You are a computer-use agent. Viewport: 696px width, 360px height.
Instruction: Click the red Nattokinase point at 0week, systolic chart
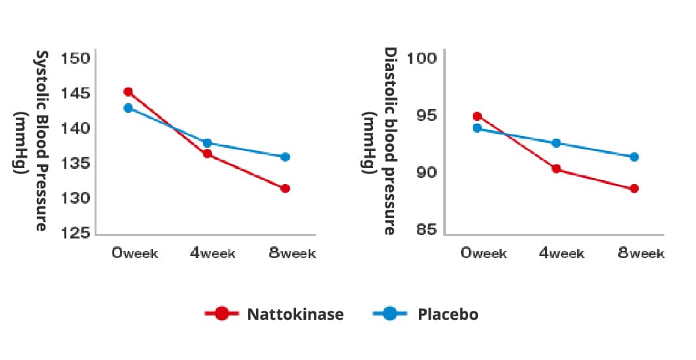coord(128,92)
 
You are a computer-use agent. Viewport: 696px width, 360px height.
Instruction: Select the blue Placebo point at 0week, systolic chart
coord(128,108)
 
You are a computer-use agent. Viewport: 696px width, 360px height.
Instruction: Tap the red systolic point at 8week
coord(285,189)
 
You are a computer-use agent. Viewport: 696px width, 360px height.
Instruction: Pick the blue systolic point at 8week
coord(285,157)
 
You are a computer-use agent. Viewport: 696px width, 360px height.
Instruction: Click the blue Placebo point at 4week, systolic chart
coord(207,143)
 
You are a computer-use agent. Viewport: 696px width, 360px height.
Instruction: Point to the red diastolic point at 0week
coord(477,116)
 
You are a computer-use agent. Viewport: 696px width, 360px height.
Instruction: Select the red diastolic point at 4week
coord(556,169)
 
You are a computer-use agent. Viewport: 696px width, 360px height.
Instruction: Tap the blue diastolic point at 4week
coord(556,143)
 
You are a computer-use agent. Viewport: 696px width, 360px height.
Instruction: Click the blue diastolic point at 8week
coord(634,157)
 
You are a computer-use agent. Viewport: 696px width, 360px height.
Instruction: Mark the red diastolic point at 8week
coord(634,189)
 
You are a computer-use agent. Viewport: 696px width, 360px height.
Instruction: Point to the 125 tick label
coord(75,233)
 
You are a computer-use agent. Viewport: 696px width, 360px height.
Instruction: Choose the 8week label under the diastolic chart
coord(641,254)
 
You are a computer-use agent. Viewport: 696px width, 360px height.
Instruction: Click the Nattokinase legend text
coord(295,314)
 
